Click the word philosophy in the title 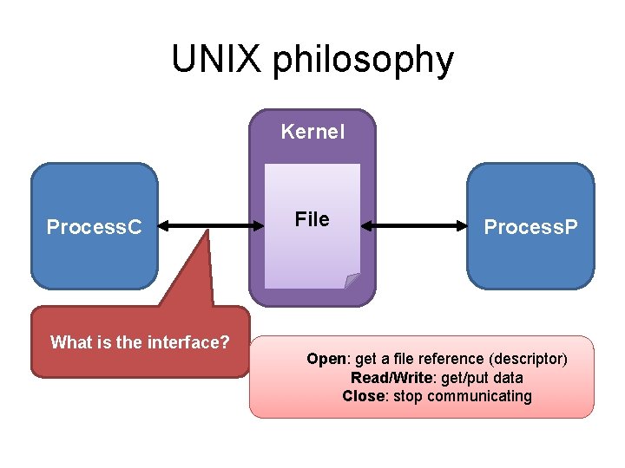363,61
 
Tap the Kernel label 312,132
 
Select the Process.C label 95,227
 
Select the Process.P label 530,227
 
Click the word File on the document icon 312,219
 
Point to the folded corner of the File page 352,280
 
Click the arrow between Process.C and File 212,227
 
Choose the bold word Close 364,396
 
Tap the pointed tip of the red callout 208,231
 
